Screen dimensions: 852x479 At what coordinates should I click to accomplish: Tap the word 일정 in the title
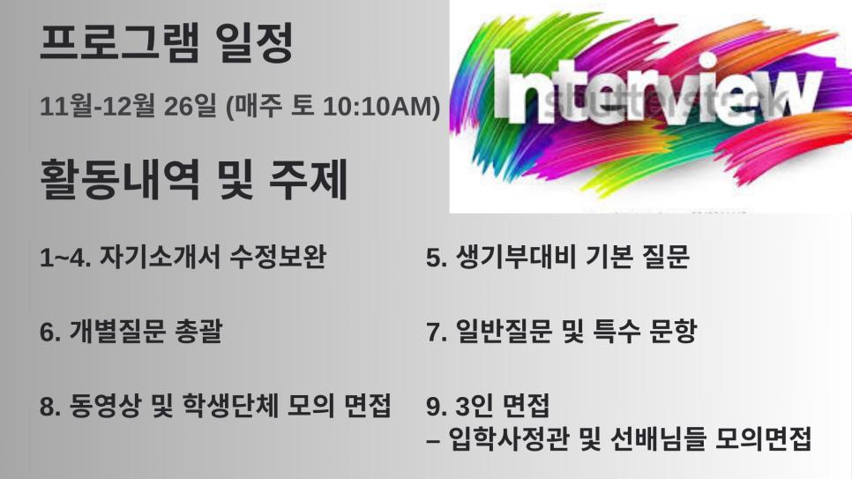pyautogui.click(x=254, y=42)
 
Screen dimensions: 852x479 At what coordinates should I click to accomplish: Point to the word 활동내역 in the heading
pyautogui.click(x=121, y=179)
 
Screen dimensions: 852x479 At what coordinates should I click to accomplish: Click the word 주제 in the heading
pyautogui.click(x=309, y=179)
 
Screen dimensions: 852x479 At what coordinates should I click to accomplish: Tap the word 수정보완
pyautogui.click(x=278, y=257)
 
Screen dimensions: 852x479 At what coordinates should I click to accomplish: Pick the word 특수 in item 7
pyautogui.click(x=617, y=331)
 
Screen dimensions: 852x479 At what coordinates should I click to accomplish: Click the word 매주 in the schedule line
pyautogui.click(x=256, y=106)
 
